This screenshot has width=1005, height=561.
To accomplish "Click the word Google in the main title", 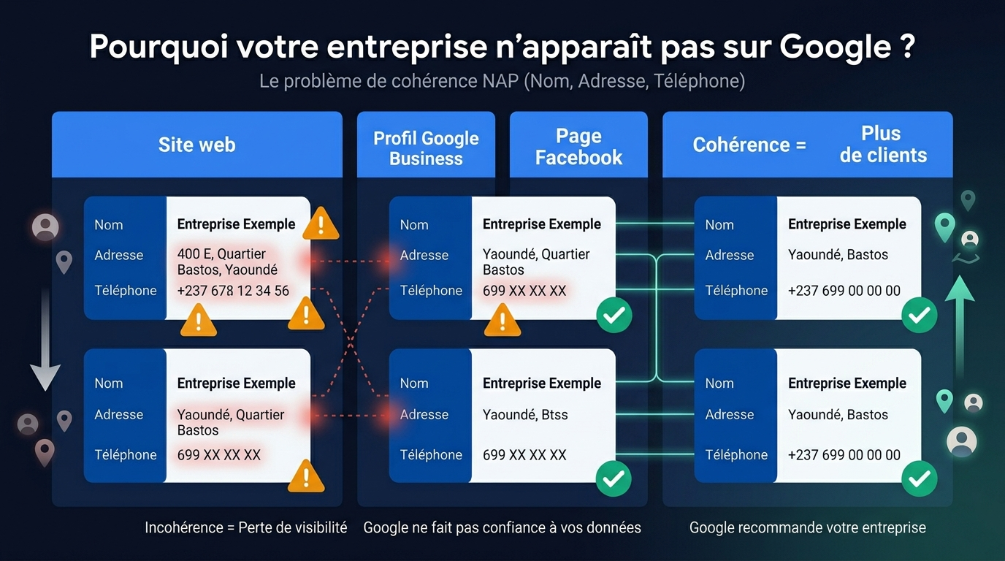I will point(835,47).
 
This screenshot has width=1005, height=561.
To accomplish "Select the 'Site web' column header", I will point(196,145).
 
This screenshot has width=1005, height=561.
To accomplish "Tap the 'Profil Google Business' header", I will point(426,148).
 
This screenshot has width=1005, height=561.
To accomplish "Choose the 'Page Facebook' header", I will point(578,147).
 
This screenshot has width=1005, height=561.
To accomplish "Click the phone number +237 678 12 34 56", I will point(233,291).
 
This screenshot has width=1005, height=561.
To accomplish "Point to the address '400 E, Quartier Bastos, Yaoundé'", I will point(227,262).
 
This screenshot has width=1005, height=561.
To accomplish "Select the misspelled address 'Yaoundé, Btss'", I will point(525,415).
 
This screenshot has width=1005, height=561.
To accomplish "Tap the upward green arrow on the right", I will point(960,321).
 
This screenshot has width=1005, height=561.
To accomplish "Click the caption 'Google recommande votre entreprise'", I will point(807,527).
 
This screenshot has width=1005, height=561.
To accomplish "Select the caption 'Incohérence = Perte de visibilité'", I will point(245,527).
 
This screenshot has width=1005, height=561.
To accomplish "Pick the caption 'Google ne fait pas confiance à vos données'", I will point(502,527).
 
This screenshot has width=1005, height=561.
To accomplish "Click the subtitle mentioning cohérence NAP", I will point(502,81).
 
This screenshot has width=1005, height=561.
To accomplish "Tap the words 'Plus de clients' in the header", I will point(882,145).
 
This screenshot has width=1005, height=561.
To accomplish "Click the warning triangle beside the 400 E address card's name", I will point(320,224).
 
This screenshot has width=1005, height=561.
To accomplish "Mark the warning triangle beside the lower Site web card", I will point(306,477).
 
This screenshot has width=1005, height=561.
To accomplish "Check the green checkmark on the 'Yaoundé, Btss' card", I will point(614,478).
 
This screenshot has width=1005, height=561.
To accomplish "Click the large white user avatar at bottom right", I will point(961,441).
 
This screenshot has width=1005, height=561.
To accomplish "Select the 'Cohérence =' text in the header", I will point(749,145).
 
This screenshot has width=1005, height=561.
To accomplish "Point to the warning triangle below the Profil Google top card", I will point(502,320).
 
